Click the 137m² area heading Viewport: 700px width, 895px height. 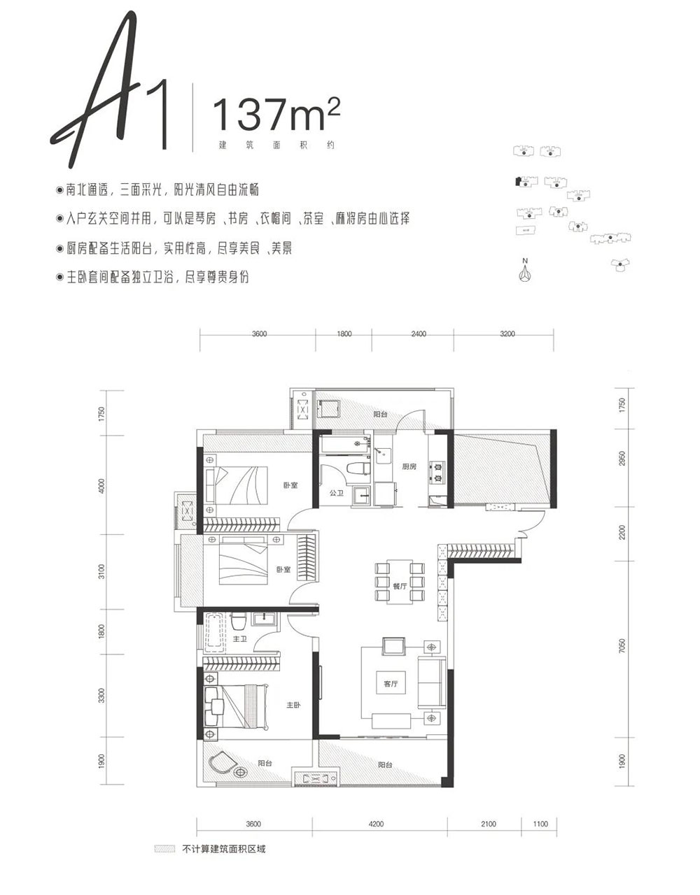point(276,113)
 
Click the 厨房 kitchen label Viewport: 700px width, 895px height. point(409,466)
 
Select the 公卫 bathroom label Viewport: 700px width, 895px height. point(337,493)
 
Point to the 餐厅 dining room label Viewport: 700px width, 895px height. point(400,586)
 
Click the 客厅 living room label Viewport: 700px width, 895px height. point(391,684)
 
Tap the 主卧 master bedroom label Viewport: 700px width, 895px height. point(293,705)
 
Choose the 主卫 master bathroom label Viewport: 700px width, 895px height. point(240,639)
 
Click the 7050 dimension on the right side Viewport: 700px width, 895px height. point(622,645)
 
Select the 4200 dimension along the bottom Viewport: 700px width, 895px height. point(376,824)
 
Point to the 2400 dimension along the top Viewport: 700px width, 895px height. point(418,334)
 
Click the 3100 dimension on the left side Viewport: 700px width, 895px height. point(101,571)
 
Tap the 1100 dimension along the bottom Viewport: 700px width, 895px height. point(540,824)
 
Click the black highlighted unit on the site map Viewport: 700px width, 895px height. point(517,181)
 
